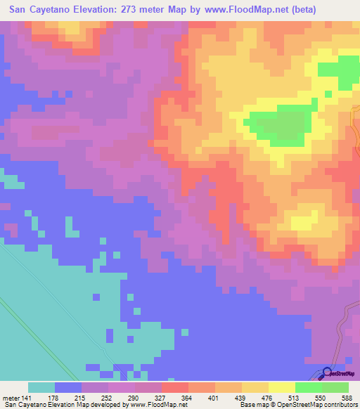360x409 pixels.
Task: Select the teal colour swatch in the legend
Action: coord(41,387)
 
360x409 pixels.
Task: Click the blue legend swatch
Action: coord(68,387)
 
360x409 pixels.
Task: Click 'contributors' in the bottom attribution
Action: coord(339,405)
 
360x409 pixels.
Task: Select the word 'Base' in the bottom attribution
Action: coord(247,405)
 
